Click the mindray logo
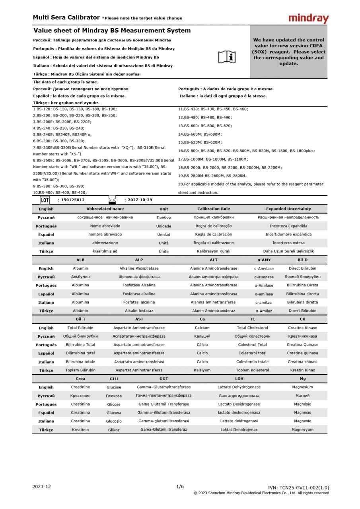click(308, 18)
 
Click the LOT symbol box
click(45, 200)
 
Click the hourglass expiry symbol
click(112, 200)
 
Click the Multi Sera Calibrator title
click(66, 17)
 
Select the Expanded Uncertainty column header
click(288, 209)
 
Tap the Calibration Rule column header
click(213, 209)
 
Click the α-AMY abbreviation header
click(264, 260)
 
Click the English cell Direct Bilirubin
click(302, 268)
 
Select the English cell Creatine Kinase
click(302, 328)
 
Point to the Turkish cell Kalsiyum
click(202, 370)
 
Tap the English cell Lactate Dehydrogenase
click(239, 387)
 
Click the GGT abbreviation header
click(163, 379)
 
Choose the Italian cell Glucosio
click(114, 421)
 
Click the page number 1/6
click(180, 487)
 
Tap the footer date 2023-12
click(42, 487)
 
